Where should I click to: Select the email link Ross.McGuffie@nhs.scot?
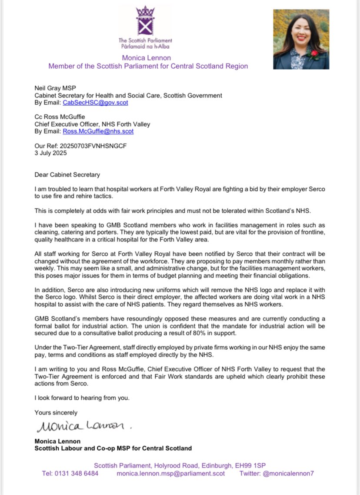(x=98, y=131)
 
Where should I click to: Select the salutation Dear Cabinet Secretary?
(x=67, y=175)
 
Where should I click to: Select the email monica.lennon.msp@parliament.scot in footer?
(x=171, y=473)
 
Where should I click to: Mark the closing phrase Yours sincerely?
(x=56, y=412)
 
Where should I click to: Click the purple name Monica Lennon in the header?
(x=147, y=58)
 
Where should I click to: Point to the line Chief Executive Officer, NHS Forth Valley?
(x=92, y=124)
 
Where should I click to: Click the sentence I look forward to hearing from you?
(x=82, y=398)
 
